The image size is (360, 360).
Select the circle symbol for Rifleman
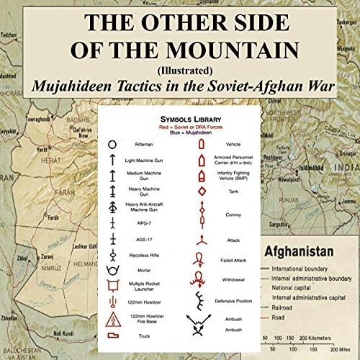pos(112,145)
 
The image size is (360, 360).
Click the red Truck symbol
pos(113,335)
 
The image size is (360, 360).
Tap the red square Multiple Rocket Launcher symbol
pos(112,285)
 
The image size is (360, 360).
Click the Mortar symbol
pos(112,271)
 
